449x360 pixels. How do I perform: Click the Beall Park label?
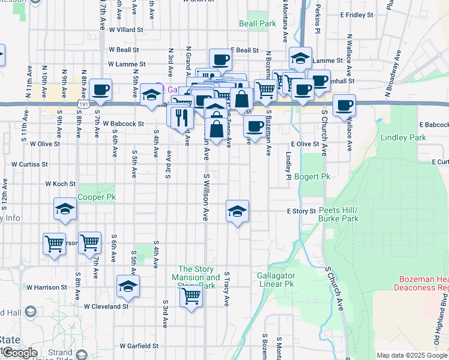pyautogui.click(x=257, y=23)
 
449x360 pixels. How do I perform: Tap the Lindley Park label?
pyautogui.click(x=403, y=137)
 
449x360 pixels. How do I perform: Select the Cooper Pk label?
pyautogui.click(x=95, y=197)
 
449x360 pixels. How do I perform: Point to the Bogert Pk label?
pyautogui.click(x=313, y=177)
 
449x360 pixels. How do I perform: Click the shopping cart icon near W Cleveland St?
pyautogui.click(x=191, y=295)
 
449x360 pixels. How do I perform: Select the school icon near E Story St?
pyautogui.click(x=238, y=211)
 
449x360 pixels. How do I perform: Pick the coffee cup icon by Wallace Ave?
pyautogui.click(x=345, y=106)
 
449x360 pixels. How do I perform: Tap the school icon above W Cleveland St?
pyautogui.click(x=128, y=286)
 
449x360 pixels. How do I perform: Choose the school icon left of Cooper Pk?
pyautogui.click(x=65, y=209)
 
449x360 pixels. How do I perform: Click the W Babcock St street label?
pyautogui.click(x=123, y=124)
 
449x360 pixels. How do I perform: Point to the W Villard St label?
pyautogui.click(x=126, y=29)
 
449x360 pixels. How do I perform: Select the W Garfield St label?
pyautogui.click(x=138, y=346)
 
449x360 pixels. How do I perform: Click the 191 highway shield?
pyautogui.click(x=84, y=104)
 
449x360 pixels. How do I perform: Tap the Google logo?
pyautogui.click(x=19, y=353)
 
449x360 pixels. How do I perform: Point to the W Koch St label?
pyautogui.click(x=60, y=184)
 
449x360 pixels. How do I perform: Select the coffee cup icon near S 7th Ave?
pyautogui.click(x=101, y=89)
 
